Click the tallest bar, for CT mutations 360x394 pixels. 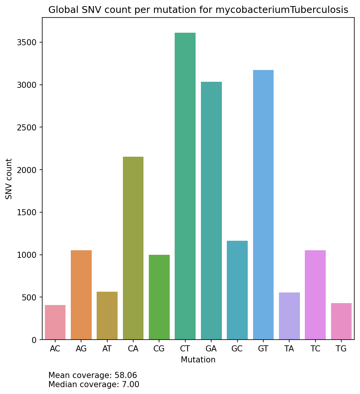pyautogui.click(x=185, y=186)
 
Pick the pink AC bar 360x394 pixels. pyautogui.click(x=55, y=322)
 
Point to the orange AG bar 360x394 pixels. pyautogui.click(x=81, y=295)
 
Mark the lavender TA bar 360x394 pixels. pyautogui.click(x=289, y=316)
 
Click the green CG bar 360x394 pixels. pyautogui.click(x=159, y=297)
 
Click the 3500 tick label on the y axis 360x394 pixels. pyautogui.click(x=27, y=42)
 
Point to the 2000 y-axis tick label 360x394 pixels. pyautogui.click(x=27, y=170)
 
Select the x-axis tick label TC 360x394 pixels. pyautogui.click(x=315, y=349)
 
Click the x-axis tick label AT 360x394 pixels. pyautogui.click(x=107, y=349)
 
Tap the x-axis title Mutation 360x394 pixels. pyautogui.click(x=198, y=360)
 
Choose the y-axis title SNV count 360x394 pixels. pyautogui.click(x=9, y=179)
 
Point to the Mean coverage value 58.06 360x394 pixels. pyautogui.click(x=126, y=376)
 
